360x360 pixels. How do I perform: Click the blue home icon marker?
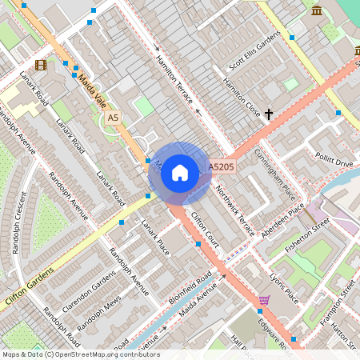(x=180, y=172)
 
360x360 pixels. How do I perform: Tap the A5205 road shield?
(x=221, y=167)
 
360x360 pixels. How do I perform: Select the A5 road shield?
(x=113, y=118)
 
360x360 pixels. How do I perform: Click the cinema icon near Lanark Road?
(x=40, y=65)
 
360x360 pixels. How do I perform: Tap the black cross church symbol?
(x=269, y=114)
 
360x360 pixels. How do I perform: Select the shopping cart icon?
(x=264, y=301)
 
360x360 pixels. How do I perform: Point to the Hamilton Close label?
(x=241, y=96)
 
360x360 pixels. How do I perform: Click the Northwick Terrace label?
(x=235, y=210)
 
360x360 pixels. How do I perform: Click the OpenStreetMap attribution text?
(x=80, y=354)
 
